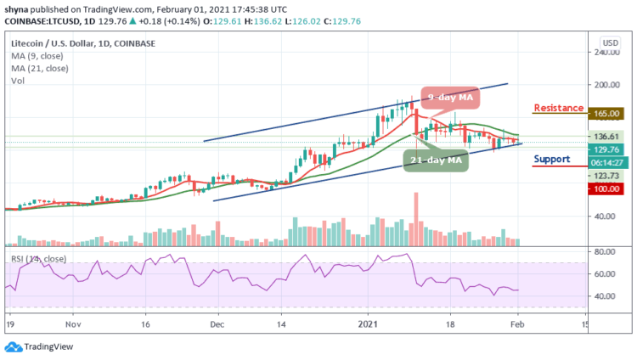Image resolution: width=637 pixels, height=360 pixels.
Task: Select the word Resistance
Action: pos(557,108)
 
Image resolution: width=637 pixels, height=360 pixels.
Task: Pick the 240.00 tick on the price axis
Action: pos(605,52)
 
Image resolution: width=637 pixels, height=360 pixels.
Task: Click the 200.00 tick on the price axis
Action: pos(605,85)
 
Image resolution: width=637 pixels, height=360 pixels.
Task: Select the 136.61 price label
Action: pos(605,136)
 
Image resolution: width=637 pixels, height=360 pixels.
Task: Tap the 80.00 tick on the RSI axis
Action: pos(605,252)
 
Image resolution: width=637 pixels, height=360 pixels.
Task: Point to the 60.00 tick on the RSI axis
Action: pos(605,274)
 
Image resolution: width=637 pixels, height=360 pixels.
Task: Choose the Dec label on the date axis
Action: pos(217,324)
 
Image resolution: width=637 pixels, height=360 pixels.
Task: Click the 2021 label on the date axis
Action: pos(366,324)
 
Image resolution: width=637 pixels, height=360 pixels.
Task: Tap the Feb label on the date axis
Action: pos(516,324)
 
